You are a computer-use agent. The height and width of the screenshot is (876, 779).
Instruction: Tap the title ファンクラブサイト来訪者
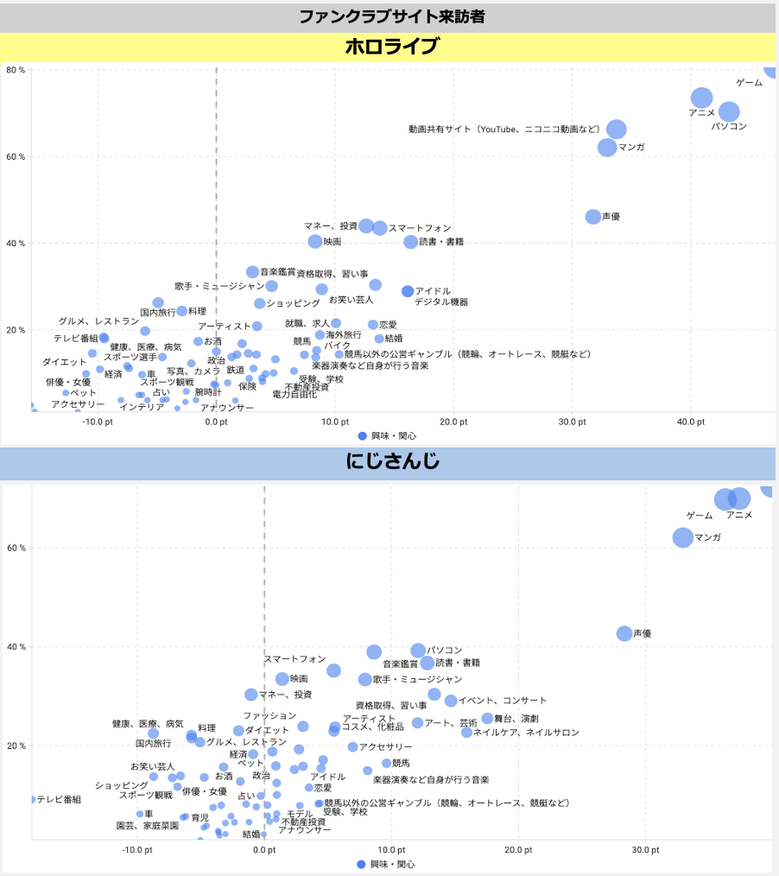pos(389,16)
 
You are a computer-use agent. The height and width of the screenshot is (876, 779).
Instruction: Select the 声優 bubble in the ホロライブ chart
pos(593,217)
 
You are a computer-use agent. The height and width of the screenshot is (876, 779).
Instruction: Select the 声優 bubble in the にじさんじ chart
pos(624,633)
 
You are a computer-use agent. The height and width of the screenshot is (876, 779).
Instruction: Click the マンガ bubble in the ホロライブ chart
pos(608,147)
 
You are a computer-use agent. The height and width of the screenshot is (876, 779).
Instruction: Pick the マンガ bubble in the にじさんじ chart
pos(683,537)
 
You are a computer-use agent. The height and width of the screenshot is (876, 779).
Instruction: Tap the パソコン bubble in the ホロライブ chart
pos(729,112)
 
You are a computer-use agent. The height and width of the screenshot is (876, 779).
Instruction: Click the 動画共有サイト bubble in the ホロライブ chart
pos(616,130)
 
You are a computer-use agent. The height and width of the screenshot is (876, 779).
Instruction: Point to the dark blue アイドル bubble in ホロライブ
pos(408,291)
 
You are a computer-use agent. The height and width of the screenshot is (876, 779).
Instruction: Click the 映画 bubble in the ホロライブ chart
pos(315,242)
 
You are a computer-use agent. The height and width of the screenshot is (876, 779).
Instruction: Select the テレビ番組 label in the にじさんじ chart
pos(59,800)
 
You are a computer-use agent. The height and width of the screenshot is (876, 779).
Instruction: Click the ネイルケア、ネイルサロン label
pos(526,733)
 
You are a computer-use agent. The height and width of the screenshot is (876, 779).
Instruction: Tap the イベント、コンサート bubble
pos(451,701)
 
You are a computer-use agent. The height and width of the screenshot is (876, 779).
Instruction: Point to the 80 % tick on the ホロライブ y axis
pos(16,70)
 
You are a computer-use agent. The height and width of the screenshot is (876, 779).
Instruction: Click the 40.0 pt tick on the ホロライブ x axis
pos(691,422)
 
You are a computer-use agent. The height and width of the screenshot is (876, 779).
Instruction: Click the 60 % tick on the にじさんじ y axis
pos(16,548)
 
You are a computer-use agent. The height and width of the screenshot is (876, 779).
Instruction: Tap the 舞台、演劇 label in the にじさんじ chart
pos(516,719)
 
